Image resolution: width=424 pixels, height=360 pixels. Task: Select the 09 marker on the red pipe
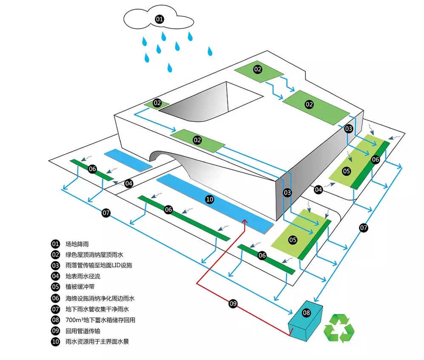[x=233, y=303]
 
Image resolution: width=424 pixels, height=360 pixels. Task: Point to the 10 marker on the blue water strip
[x=209, y=199]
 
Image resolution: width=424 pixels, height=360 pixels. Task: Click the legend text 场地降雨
[x=77, y=244]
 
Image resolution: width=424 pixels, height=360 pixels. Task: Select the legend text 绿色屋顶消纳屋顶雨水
[x=94, y=255]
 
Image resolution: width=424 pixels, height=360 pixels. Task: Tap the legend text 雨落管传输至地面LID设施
[x=99, y=266]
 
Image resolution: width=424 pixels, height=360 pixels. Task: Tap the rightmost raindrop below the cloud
[x=210, y=51]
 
